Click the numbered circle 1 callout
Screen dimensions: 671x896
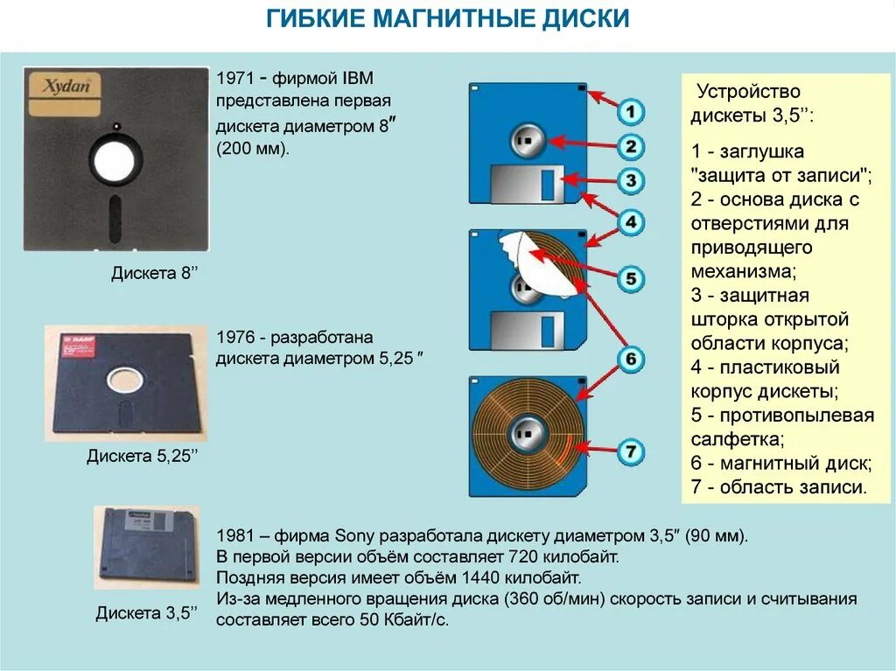tap(631, 111)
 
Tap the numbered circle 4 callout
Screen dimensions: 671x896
tap(631, 222)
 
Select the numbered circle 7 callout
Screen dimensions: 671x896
tap(631, 451)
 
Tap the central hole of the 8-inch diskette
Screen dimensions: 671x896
tap(115, 160)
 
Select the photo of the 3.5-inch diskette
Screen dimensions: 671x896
tap(146, 546)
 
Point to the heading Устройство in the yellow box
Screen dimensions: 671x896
tap(747, 92)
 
